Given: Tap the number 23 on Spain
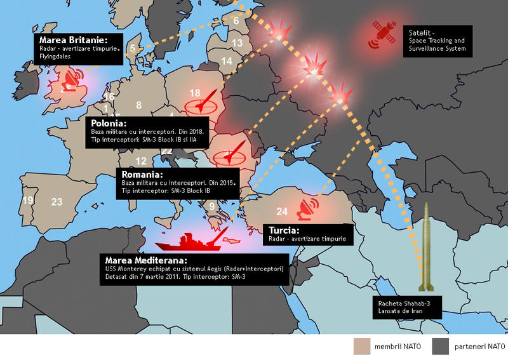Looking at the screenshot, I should pos(57,202).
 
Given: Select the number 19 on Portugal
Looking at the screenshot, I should pos(28,200).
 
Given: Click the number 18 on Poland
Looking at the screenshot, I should pos(195,93).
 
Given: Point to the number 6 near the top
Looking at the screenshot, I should pos(236,20).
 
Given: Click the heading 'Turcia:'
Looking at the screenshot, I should pos(283,230).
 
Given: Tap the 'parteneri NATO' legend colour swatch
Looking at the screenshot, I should pos(440,346).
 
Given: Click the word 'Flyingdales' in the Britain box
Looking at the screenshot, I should pos(53,56).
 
